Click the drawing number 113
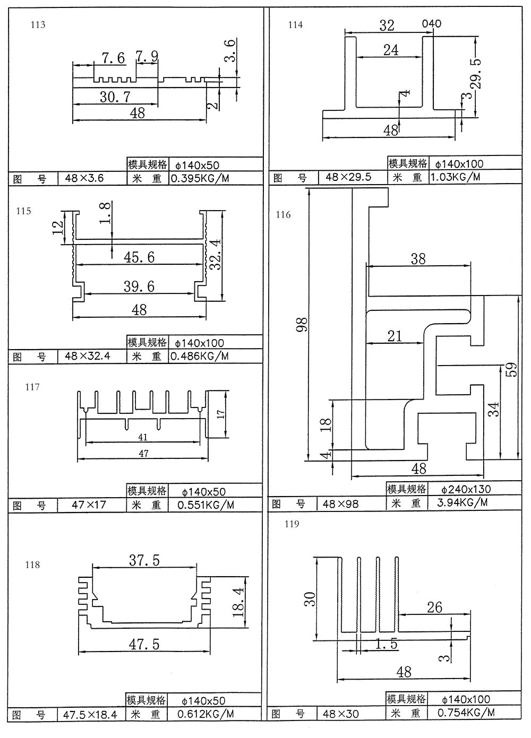pos(39,25)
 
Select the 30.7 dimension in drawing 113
pos(115,97)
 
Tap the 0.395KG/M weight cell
pos(200,178)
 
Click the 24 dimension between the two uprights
pos(391,50)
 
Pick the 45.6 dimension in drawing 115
pos(139,257)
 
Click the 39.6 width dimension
pos(139,286)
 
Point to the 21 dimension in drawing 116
pos(395,336)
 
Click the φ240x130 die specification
pos(466,489)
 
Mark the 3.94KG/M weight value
pos(462,502)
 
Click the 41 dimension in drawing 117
pos(143,437)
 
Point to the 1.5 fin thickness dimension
pos(386,644)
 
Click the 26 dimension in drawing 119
pos(434,607)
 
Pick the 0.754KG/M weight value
pos(466,713)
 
